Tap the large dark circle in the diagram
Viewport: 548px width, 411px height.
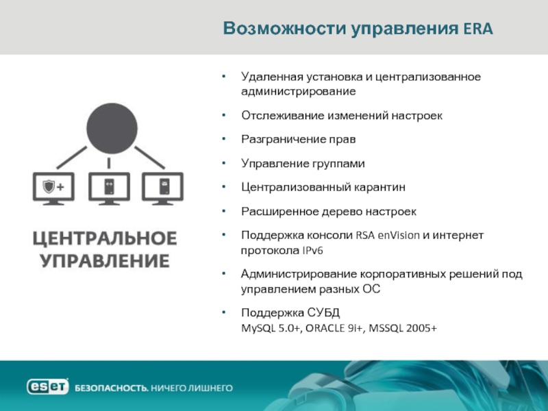point(112,128)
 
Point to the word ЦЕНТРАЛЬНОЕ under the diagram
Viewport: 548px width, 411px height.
point(105,238)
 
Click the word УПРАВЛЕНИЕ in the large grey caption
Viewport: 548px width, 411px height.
point(105,261)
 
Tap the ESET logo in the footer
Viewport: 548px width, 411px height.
point(47,386)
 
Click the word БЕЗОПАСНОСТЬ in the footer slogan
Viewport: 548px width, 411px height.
point(112,388)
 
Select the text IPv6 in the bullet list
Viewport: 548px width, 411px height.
point(312,251)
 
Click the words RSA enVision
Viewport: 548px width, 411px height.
point(388,235)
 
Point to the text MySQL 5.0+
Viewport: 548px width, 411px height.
point(271,328)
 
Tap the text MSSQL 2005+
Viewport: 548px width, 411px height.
point(403,328)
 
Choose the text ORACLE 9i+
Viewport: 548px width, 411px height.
point(334,328)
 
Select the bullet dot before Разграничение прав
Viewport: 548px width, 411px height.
point(224,139)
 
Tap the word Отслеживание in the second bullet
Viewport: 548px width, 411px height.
point(279,115)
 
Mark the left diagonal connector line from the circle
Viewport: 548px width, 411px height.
point(72,158)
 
